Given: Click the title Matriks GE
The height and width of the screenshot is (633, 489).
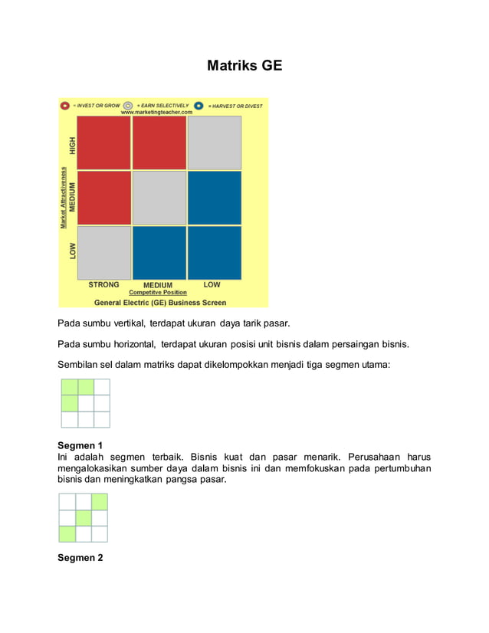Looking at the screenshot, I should (x=244, y=66).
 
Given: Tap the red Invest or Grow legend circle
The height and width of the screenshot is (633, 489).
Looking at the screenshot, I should (x=65, y=105).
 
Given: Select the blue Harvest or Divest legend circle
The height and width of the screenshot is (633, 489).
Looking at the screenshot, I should (x=199, y=105).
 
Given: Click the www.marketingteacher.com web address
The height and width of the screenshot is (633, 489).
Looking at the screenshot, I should (x=156, y=112).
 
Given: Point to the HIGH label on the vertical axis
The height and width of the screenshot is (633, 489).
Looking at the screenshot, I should (x=73, y=143).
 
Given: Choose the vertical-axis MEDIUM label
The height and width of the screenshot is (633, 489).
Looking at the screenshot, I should (x=73, y=198).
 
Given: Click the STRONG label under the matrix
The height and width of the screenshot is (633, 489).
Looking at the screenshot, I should (x=103, y=285).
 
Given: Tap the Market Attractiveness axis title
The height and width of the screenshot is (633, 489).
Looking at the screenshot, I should (x=64, y=198).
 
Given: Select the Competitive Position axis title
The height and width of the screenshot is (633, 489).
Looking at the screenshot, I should (x=157, y=293).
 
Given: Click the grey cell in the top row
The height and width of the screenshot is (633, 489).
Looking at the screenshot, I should (x=214, y=143).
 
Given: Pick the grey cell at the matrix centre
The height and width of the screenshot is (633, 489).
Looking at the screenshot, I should (x=159, y=198).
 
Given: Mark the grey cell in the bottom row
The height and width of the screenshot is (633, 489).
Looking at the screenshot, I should (x=104, y=253).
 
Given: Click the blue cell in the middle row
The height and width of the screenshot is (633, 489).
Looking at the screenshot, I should (x=214, y=198).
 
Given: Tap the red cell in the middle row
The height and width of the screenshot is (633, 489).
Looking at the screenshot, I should (x=104, y=198).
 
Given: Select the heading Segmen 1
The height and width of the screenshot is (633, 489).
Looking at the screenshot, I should (x=80, y=445).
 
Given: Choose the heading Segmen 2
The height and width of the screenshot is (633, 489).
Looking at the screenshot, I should (x=80, y=558).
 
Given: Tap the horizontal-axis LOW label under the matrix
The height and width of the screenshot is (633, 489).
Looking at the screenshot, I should (x=212, y=285).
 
